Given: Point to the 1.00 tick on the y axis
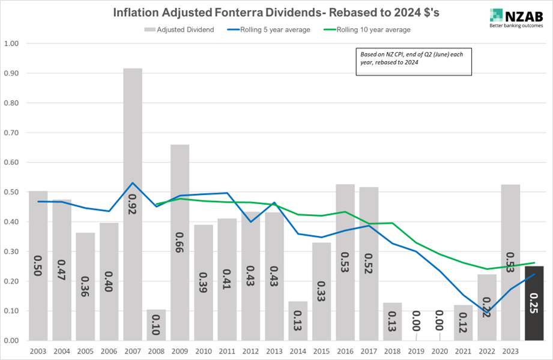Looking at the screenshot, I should coord(11,44).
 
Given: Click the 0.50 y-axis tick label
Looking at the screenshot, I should coord(11,192).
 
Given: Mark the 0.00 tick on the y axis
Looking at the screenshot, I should coord(11,340).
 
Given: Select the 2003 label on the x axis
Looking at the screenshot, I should coord(38,350).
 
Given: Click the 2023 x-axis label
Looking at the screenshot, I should coord(510,350).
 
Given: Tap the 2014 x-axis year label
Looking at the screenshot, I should coord(298,350).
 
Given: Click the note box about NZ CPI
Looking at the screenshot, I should coord(414,62).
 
